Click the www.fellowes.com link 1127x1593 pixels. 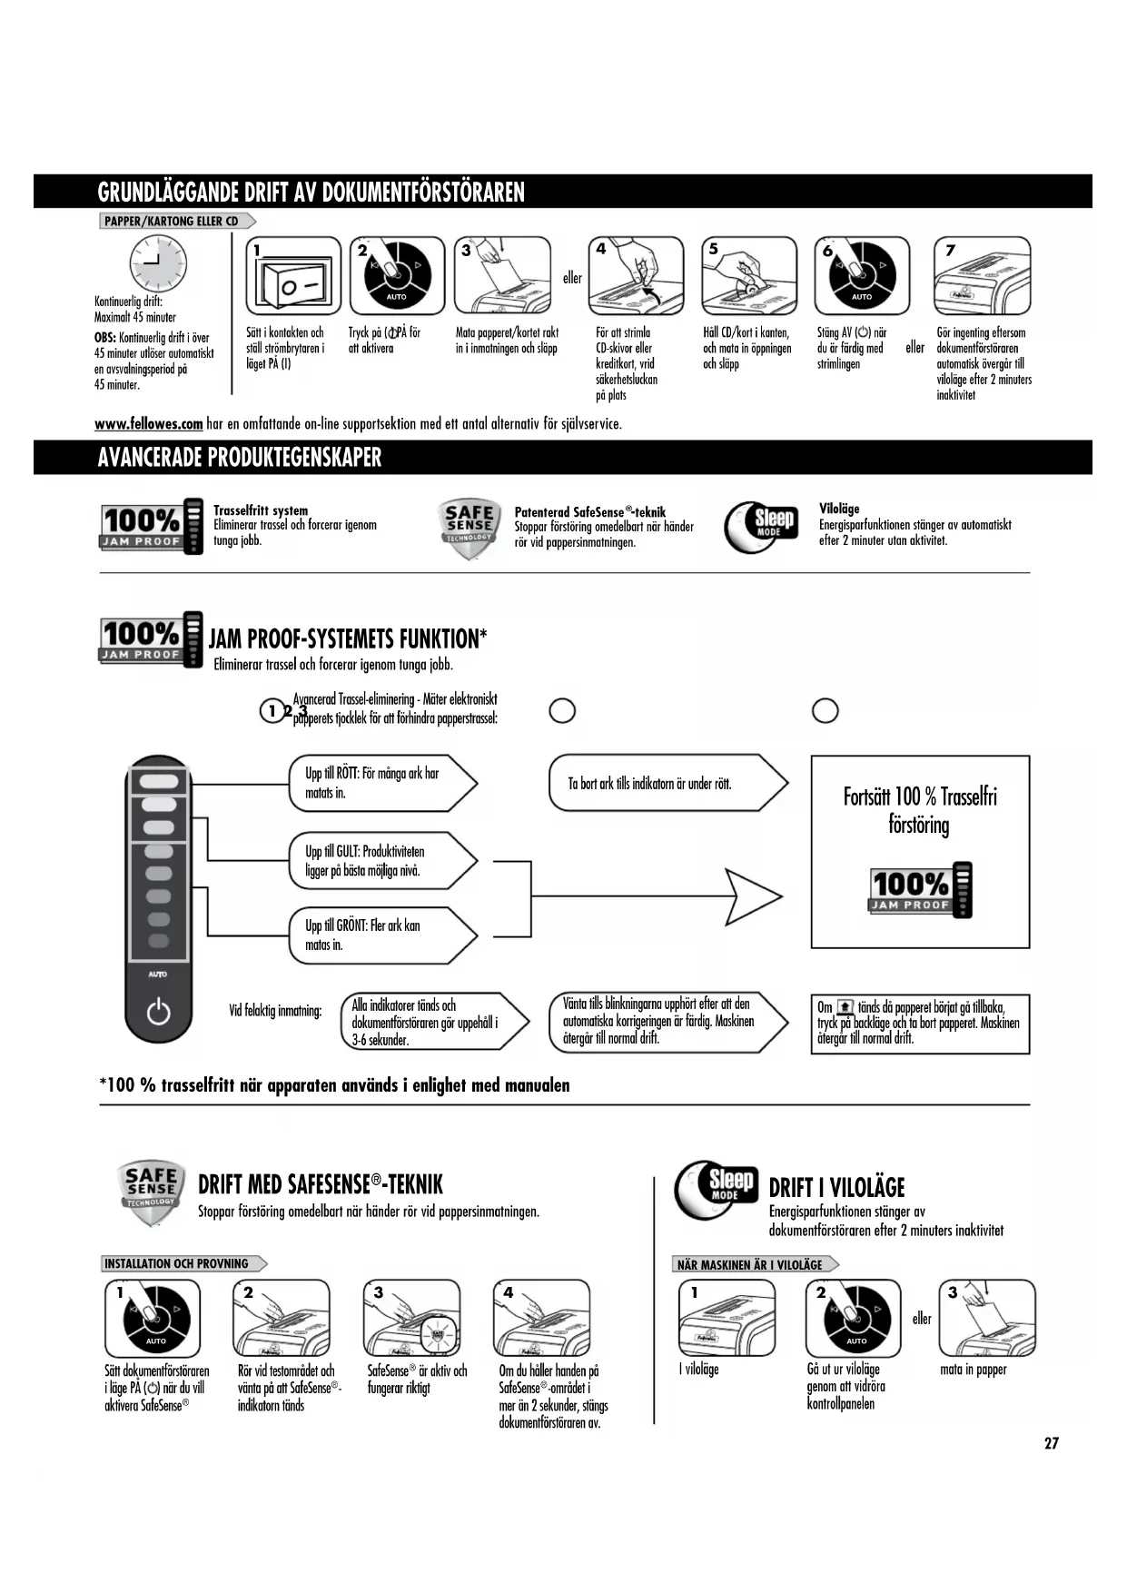[x=148, y=424]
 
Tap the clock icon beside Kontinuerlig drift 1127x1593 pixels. [x=156, y=263]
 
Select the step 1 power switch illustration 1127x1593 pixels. [x=293, y=276]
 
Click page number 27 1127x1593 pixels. [x=1051, y=1443]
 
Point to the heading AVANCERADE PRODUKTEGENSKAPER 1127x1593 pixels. [x=240, y=458]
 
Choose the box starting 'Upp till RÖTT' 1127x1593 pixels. [x=381, y=783]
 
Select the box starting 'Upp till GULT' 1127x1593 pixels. [x=381, y=861]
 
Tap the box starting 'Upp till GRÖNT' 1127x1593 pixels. [x=381, y=935]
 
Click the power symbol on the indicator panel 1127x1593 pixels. [x=158, y=1011]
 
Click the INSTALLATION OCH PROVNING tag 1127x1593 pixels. [x=182, y=1263]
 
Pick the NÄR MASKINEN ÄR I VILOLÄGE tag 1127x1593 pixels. [x=755, y=1264]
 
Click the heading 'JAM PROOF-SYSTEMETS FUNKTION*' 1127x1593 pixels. [x=348, y=639]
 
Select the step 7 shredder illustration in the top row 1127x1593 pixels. [x=982, y=276]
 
